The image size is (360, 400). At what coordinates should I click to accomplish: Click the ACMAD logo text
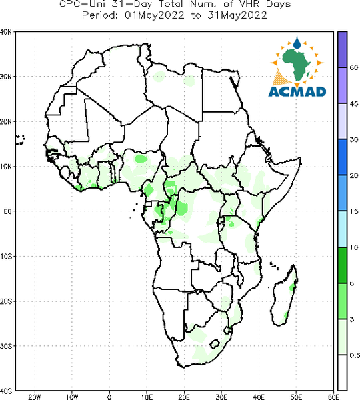297,92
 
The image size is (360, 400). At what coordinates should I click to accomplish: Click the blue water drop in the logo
297,43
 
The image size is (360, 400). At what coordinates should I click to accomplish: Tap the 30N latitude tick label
6,77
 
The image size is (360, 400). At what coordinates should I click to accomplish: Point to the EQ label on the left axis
7,211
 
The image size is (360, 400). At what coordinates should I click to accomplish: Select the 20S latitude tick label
6,301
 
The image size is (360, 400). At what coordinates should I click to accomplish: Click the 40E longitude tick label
259,397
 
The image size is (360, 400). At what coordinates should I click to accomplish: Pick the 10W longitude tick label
72,397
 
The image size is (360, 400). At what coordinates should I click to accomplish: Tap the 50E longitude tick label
296,397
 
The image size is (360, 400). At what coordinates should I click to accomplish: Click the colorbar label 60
353,67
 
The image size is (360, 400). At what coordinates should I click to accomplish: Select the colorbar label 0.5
355,355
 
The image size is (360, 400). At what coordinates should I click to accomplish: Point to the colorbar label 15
353,211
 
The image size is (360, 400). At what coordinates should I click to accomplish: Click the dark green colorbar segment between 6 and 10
342,265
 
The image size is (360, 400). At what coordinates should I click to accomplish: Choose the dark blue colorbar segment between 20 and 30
342,157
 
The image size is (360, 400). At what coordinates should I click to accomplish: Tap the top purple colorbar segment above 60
342,49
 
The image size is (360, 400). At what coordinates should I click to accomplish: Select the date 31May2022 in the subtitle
237,15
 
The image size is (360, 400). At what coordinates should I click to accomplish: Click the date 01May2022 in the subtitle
155,15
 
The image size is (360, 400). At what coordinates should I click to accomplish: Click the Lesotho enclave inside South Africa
215,344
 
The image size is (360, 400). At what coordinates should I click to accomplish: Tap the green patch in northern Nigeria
141,159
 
